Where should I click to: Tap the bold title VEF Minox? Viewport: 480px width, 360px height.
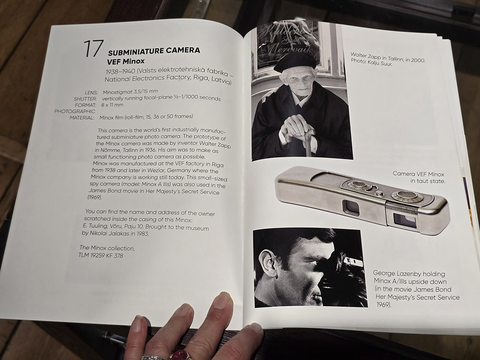(x=126, y=61)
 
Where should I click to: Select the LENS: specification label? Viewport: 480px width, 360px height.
(x=91, y=92)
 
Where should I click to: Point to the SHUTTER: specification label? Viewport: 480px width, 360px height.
(x=86, y=99)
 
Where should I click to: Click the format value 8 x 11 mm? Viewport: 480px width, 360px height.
(x=112, y=105)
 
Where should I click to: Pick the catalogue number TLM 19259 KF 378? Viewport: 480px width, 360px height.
(x=101, y=255)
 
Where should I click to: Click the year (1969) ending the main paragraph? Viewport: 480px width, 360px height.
(x=95, y=198)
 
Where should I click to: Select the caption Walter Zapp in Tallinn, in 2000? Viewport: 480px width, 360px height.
(x=388, y=57)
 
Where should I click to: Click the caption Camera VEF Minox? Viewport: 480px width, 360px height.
(x=418, y=174)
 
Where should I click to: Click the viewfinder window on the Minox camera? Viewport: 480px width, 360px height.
(x=351, y=207)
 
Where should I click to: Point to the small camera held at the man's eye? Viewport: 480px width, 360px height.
(x=353, y=262)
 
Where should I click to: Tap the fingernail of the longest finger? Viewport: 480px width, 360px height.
(x=221, y=299)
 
